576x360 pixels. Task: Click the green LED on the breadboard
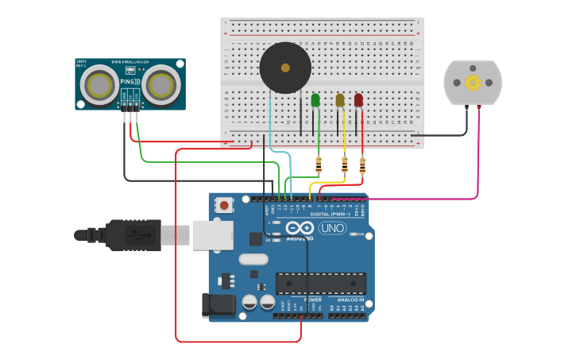tap(315, 100)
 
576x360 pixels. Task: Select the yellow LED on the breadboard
tap(340, 100)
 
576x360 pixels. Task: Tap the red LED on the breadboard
tap(358, 100)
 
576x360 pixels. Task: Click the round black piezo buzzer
tap(285, 68)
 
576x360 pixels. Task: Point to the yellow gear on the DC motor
tap(473, 82)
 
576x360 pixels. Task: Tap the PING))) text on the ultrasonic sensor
tap(131, 81)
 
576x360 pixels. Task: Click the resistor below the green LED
tap(319, 165)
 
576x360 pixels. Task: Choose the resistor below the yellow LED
tap(344, 165)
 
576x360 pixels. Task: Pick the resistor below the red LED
tap(362, 165)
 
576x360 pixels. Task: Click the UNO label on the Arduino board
tap(332, 228)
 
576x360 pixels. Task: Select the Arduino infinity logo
tap(299, 228)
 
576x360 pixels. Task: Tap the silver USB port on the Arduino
tap(213, 235)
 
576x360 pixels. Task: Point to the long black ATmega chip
tap(321, 283)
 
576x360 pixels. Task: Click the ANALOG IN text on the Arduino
tap(348, 300)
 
